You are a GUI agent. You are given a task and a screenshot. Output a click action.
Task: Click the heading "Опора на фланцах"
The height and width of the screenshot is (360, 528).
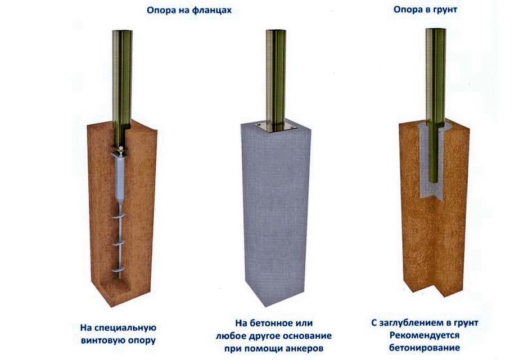189,10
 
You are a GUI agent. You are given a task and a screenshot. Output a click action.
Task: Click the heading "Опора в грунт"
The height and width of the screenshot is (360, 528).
425,10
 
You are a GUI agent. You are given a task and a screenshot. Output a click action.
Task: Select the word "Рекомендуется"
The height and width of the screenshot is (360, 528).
425,335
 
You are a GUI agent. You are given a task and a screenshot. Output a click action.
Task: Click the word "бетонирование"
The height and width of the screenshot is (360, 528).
425,348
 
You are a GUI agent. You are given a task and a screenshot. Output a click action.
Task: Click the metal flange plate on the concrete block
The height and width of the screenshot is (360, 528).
276,127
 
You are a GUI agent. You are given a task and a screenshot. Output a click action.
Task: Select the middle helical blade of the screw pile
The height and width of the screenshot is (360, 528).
119,243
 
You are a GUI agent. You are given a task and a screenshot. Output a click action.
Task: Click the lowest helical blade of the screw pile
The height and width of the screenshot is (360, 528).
119,269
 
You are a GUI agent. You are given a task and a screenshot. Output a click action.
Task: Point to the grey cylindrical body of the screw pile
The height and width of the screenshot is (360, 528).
119,178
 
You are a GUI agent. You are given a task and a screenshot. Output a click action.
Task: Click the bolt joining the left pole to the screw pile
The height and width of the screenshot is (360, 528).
120,148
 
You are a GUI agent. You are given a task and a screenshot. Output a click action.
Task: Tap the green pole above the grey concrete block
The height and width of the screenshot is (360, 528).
276,78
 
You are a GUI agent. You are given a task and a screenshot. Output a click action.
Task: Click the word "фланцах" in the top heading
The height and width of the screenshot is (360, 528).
212,10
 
